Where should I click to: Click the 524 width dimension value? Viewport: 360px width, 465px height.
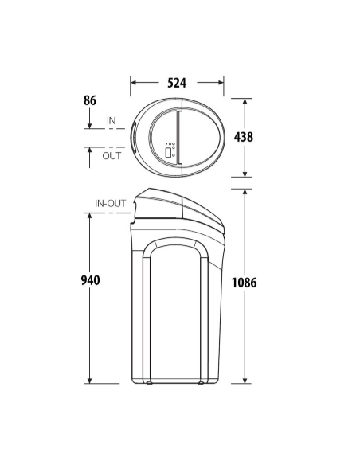point(177,83)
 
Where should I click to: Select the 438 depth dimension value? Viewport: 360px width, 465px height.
point(244,137)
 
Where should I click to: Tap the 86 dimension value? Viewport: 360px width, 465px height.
point(89,100)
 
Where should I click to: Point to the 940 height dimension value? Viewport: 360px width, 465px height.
point(91,280)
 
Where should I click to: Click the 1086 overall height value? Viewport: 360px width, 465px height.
point(244,283)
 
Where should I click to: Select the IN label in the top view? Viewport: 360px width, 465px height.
point(112,121)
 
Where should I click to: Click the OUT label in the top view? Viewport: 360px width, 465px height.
point(112,156)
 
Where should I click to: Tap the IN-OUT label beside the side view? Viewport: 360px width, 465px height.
point(111,204)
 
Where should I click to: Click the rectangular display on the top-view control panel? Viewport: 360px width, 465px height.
point(168,152)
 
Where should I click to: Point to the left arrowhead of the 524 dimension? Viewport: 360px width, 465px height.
point(133,83)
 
